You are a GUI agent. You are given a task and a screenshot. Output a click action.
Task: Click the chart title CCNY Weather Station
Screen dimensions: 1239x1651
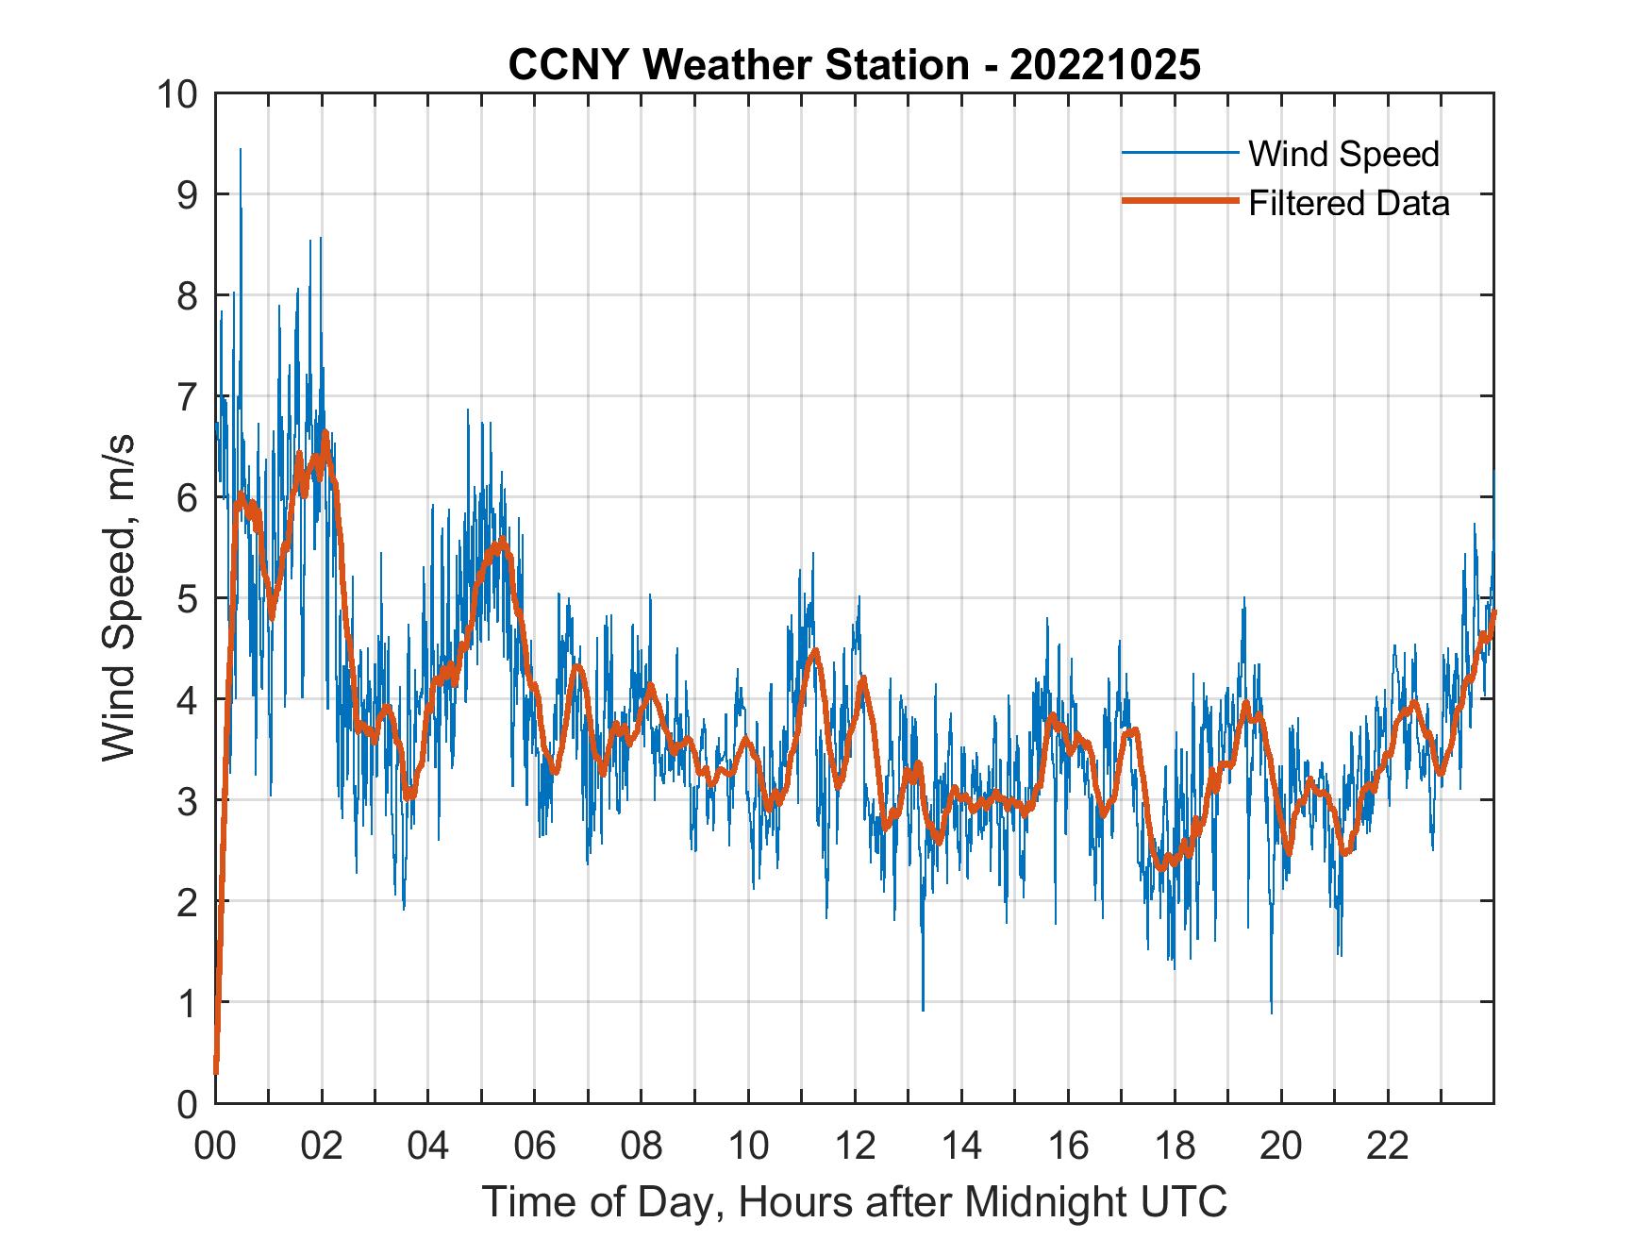coord(738,65)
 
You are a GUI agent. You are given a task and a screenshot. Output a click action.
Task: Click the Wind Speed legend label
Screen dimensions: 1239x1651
coord(1343,154)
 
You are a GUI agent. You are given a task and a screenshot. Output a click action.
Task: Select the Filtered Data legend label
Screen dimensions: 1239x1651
coord(1348,203)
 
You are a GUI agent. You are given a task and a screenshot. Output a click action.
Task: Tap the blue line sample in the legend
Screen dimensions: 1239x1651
coord(1179,154)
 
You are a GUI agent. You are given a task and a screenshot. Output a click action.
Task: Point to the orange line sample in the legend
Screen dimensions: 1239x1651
coord(1179,201)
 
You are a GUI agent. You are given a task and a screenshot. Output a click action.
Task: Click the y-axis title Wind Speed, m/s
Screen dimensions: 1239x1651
coord(119,597)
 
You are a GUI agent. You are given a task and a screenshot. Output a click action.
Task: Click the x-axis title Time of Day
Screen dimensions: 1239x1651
coord(854,1201)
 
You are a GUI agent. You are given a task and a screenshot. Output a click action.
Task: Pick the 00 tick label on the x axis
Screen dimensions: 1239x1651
coord(215,1146)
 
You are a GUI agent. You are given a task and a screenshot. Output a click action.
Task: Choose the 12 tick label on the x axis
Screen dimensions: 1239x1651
coord(855,1146)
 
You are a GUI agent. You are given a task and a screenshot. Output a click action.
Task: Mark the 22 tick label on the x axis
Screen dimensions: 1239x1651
coord(1388,1146)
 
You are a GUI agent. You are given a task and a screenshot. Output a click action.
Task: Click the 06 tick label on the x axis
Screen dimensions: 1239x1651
coord(535,1146)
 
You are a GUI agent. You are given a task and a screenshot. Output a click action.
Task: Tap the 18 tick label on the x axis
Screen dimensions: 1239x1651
coord(1175,1146)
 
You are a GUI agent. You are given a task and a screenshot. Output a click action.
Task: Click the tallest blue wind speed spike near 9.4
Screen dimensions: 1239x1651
coord(241,151)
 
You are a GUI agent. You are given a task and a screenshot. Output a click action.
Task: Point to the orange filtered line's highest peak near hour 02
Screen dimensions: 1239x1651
coord(325,434)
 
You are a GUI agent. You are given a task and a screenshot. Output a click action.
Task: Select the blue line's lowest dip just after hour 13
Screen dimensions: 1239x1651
coord(923,1008)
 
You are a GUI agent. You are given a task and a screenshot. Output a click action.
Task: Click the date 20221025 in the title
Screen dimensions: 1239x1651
coord(1105,65)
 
